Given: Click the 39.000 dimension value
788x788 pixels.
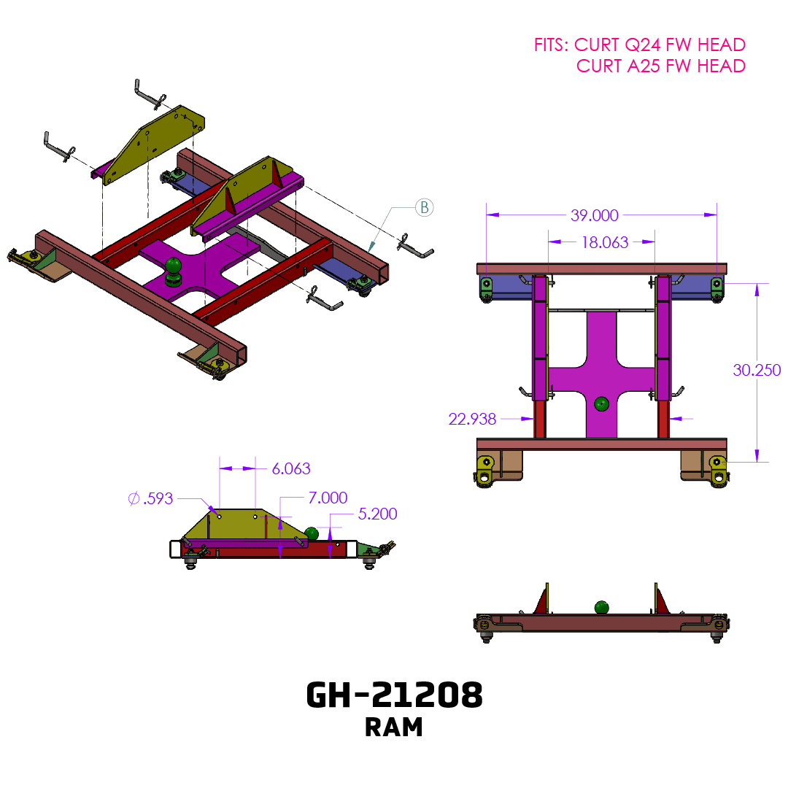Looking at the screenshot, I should [594, 215].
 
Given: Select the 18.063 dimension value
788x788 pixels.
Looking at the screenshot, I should [605, 242].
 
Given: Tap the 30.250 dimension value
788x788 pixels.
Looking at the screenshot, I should [757, 370].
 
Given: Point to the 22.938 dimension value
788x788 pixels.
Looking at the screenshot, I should [472, 419].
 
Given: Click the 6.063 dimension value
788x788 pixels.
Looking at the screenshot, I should [291, 468].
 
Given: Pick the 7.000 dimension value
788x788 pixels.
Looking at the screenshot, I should [328, 498].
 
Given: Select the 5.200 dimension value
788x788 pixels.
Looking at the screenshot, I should [377, 514].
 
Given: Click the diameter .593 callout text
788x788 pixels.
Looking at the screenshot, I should [150, 499].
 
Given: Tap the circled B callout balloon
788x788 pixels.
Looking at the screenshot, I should [424, 208].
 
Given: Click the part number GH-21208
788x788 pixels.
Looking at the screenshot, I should [394, 696].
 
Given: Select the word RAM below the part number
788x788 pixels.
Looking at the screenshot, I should [394, 727].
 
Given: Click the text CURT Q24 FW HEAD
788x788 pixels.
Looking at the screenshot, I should [660, 45].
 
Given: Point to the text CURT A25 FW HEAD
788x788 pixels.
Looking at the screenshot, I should [661, 66].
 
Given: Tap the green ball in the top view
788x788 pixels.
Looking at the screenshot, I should [601, 403].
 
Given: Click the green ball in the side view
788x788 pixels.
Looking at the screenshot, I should [312, 533].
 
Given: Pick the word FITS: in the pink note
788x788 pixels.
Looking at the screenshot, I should [552, 45].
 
